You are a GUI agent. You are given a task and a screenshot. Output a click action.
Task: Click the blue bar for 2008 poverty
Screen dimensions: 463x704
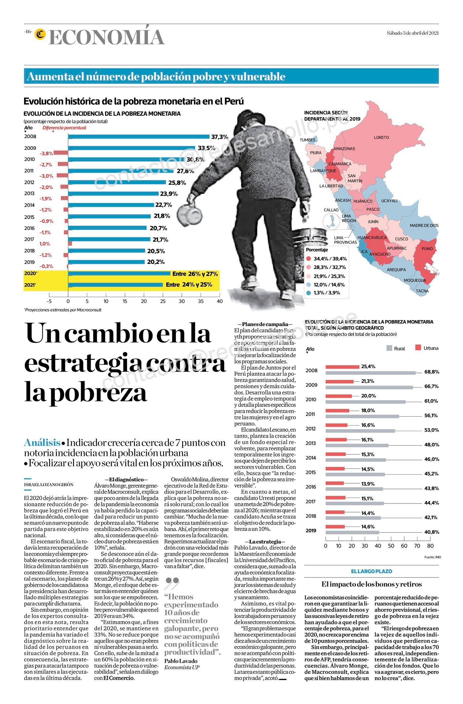pyautogui.click(x=139, y=136)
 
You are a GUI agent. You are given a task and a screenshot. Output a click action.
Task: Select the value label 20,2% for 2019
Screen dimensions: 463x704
pyautogui.click(x=156, y=262)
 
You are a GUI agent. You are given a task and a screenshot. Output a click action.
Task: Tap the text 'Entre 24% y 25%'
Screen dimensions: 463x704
pyautogui.click(x=189, y=284)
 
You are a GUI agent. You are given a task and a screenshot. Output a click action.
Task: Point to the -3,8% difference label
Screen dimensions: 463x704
pyautogui.click(x=46, y=154)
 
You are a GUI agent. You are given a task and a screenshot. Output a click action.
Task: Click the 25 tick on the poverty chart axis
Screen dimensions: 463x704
pyautogui.click(x=163, y=301)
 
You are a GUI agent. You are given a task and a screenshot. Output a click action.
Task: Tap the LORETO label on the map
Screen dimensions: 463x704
pyautogui.click(x=381, y=137)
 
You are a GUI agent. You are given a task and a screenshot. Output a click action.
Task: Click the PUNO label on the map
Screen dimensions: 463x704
pyautogui.click(x=427, y=249)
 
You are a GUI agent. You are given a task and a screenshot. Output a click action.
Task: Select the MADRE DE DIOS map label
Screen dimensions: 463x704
pyautogui.click(x=424, y=226)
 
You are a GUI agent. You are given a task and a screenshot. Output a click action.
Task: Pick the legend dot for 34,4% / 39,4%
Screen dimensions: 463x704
pyautogui.click(x=309, y=259)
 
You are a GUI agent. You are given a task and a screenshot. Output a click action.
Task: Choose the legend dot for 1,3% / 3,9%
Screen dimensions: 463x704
pyautogui.click(x=309, y=293)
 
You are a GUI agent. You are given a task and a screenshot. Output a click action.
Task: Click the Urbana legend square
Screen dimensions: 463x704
pyautogui.click(x=418, y=348)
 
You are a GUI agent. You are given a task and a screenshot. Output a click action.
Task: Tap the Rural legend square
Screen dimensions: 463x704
pyautogui.click(x=389, y=348)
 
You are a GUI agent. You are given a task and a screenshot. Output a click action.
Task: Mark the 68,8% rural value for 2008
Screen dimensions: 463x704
pyautogui.click(x=432, y=372)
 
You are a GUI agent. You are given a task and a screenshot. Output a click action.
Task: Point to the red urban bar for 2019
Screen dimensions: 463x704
pyautogui.click(x=335, y=527)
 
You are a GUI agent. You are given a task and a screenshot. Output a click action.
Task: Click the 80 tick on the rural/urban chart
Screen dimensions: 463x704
pyautogui.click(x=430, y=546)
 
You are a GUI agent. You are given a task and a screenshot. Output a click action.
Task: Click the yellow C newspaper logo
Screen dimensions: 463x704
pyautogui.click(x=41, y=34)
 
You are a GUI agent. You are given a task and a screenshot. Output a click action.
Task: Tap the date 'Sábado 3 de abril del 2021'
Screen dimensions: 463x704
pyautogui.click(x=413, y=33)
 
